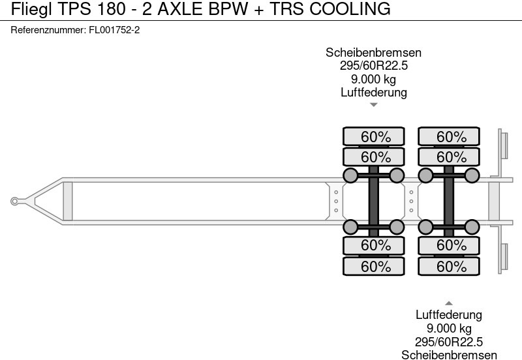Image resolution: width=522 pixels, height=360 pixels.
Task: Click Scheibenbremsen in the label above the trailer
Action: click(373, 53)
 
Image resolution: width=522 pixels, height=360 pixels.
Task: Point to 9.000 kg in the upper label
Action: click(373, 79)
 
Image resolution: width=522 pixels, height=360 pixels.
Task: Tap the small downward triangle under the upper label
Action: click(373, 104)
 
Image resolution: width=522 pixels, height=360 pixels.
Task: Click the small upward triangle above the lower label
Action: click(449, 303)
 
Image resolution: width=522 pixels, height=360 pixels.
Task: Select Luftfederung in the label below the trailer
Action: click(449, 316)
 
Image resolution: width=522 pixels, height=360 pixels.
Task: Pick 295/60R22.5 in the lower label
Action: click(449, 342)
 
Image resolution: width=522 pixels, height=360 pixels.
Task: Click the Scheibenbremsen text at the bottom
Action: click(449, 355)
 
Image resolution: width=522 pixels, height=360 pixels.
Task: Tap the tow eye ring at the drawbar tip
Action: click(14, 202)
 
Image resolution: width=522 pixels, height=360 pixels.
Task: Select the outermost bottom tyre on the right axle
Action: click(450, 266)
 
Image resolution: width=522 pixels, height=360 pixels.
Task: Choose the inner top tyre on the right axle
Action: click(450, 157)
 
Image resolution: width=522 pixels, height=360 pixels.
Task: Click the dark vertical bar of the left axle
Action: click(373, 202)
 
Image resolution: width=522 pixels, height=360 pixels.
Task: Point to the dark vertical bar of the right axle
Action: click(448, 202)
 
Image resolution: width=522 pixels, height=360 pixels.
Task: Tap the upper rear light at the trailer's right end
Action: click(503, 144)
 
